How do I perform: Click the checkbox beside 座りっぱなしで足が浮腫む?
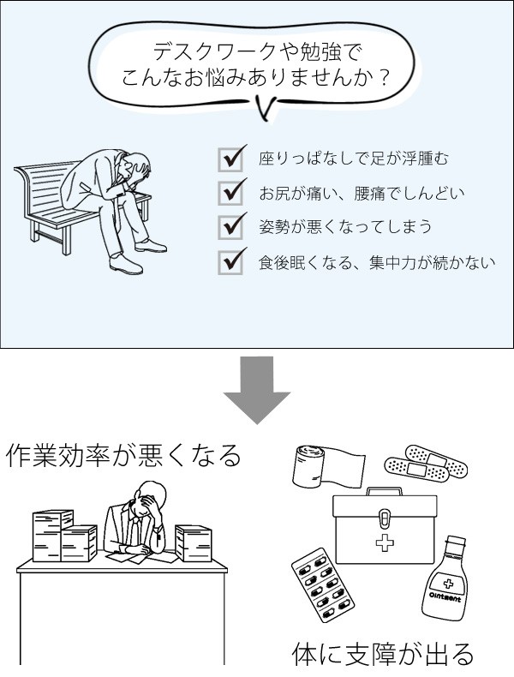pyautogui.click(x=230, y=159)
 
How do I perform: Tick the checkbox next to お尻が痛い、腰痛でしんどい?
pyautogui.click(x=230, y=193)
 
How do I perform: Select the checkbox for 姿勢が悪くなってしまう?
pyautogui.click(x=230, y=227)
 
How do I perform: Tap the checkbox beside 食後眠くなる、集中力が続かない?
pyautogui.click(x=230, y=261)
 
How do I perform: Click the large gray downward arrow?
pyautogui.click(x=256, y=390)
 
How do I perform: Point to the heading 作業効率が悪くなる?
pyautogui.click(x=124, y=456)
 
